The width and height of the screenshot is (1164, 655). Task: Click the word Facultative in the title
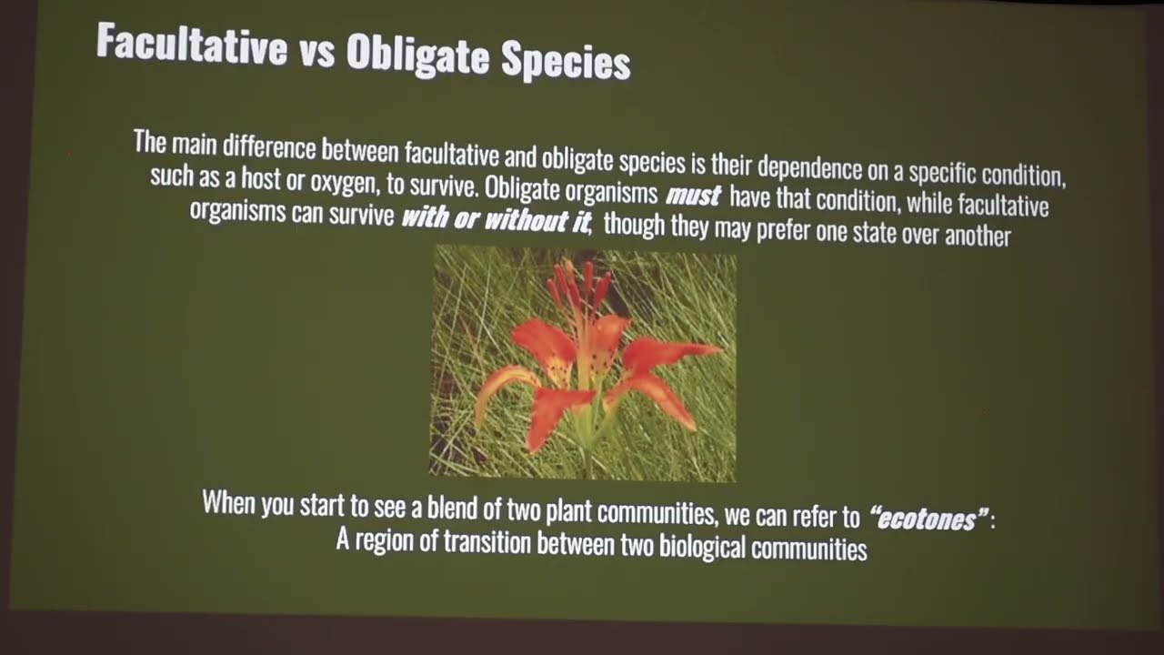(191, 45)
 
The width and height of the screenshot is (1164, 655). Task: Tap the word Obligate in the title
(419, 55)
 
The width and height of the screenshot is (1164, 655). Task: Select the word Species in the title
(565, 62)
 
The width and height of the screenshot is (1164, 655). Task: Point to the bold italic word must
(693, 195)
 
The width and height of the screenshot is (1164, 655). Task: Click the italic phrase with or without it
(497, 219)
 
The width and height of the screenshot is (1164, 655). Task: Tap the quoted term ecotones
(928, 519)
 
